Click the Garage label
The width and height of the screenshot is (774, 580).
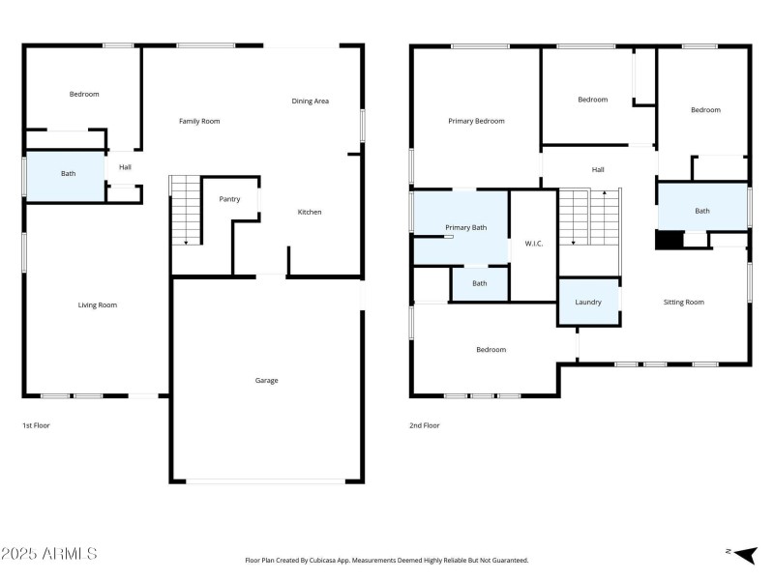266,381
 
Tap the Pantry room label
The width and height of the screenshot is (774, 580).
229,199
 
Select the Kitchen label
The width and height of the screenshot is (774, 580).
309,213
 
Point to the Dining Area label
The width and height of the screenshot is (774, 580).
310,101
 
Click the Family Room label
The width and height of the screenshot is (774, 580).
199,121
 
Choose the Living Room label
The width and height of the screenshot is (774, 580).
97,305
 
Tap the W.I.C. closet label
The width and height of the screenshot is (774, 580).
533,244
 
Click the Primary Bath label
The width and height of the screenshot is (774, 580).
465,227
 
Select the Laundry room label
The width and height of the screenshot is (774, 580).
588,303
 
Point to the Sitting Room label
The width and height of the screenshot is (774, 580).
683,303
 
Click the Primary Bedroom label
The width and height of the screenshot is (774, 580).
476,121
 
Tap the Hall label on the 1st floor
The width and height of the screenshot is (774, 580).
125,167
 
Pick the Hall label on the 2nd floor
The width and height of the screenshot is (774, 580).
598,169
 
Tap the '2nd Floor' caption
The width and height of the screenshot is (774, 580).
425,425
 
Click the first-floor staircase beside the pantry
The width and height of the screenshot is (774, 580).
184,210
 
